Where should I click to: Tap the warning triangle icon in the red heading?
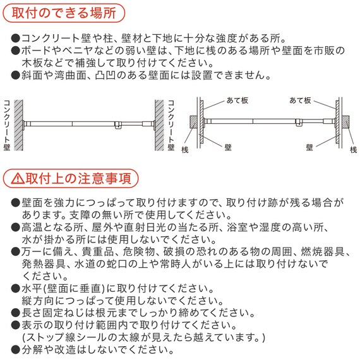click(18, 179)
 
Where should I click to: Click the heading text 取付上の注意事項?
click(78, 179)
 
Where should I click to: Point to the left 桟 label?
click(185, 148)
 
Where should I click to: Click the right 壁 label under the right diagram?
click(309, 145)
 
